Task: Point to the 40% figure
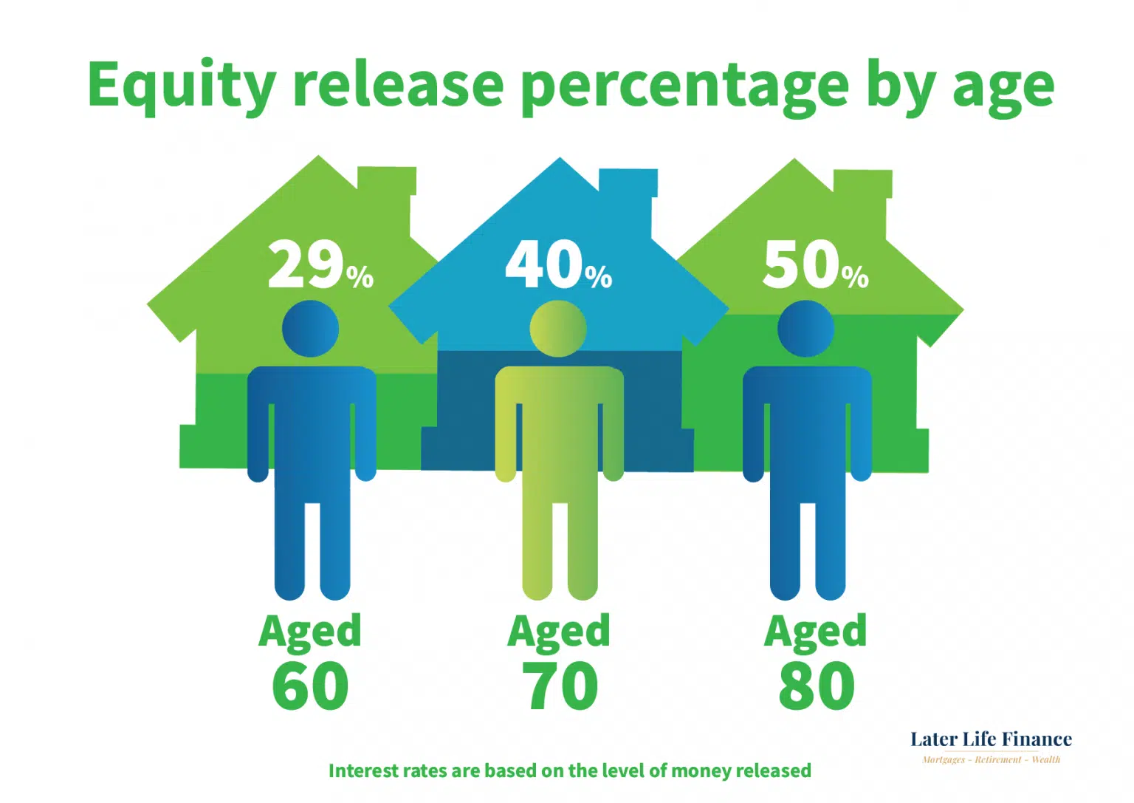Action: [558, 264]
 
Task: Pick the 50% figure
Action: [815, 264]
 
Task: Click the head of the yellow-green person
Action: [558, 328]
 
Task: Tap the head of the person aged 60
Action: [310, 328]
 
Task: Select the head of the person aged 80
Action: [805, 328]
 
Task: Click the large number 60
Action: [310, 686]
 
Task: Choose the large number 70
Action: [560, 686]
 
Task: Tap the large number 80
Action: [816, 686]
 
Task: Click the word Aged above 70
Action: [559, 632]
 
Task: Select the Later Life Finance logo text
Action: [992, 739]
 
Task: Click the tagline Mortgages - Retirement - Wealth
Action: [992, 759]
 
